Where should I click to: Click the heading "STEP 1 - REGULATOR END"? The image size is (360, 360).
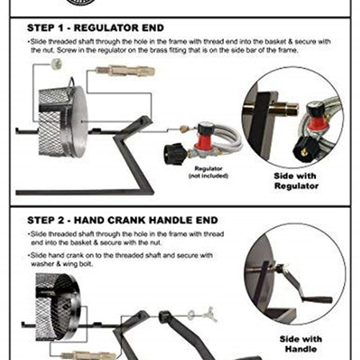coord(95,28)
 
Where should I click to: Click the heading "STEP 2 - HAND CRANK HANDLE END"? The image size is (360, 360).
coord(122,220)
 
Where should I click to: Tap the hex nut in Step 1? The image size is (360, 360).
coord(57,64)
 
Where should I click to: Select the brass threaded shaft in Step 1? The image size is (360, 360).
coord(125,71)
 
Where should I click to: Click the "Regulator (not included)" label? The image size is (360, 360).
coord(208,172)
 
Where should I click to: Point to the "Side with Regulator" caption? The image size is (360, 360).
coord(296,181)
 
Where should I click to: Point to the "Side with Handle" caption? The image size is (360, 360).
coord(301,344)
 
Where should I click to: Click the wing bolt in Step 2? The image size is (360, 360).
coord(210,314)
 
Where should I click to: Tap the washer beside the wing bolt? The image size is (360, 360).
coord(192,315)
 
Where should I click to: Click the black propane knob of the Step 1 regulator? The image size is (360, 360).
coord(175,154)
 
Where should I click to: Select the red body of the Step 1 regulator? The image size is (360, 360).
coord(203,142)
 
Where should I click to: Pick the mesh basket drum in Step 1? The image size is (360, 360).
coord(63,122)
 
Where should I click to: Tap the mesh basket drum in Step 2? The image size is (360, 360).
coord(58,306)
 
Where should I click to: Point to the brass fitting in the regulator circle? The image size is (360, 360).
coord(283,109)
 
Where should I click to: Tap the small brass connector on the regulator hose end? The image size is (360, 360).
coord(183,129)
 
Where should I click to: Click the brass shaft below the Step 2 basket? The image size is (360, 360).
coord(88,356)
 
